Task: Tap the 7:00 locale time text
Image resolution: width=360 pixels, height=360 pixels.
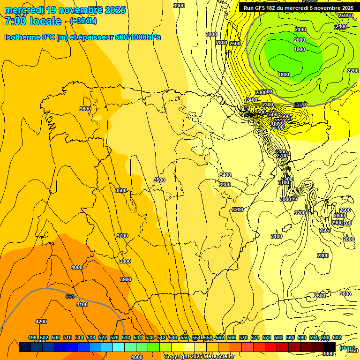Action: point(33,21)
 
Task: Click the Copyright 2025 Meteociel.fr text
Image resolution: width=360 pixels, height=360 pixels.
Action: point(199,357)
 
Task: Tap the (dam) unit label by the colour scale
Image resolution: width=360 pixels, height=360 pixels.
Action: point(347,347)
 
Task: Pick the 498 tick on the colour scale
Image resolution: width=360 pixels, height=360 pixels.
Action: point(32,337)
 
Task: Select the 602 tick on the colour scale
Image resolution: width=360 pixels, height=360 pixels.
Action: point(337,337)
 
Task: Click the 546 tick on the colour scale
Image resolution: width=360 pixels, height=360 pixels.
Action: point(172,337)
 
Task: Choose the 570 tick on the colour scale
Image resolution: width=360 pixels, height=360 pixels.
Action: point(243,337)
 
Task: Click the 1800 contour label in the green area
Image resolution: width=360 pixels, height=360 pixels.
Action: point(284,75)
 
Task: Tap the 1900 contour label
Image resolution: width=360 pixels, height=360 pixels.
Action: point(300,50)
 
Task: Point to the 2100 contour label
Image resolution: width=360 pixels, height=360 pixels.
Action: point(300,30)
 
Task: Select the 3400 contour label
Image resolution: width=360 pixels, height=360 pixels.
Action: point(225,175)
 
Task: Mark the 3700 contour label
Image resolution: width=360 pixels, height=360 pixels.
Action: point(122,236)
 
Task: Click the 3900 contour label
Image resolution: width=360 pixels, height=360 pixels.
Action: point(126,279)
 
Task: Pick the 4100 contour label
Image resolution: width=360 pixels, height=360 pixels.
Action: point(82,304)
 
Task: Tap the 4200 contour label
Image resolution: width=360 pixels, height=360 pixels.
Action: point(41,322)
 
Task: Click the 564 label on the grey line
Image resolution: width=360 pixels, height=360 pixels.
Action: point(70,296)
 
